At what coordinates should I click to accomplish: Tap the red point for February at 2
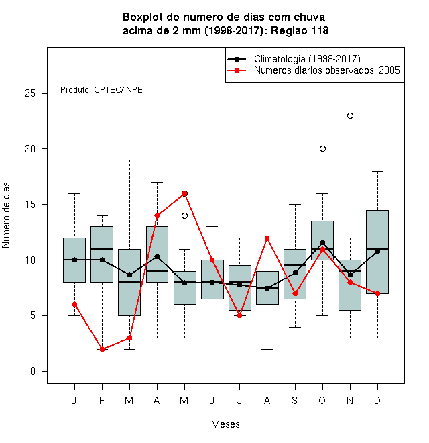point(102,349)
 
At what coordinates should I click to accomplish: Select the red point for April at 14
point(158,216)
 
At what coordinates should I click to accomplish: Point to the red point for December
point(377,293)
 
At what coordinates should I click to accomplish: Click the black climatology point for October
point(322,243)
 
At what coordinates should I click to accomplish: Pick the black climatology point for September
point(295,273)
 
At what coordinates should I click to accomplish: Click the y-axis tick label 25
point(30,93)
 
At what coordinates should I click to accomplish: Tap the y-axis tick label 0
point(33,371)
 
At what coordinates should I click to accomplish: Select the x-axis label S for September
point(295,400)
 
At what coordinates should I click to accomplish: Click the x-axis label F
point(102,400)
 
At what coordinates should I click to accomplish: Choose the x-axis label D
point(377,400)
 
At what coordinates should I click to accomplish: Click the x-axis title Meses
point(225,424)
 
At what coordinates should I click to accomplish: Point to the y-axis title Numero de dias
point(6,215)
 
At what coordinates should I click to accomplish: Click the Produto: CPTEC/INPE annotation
point(101,90)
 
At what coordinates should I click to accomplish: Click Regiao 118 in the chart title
point(300,30)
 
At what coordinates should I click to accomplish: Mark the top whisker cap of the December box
point(377,171)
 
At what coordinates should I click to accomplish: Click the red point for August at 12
point(267,238)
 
